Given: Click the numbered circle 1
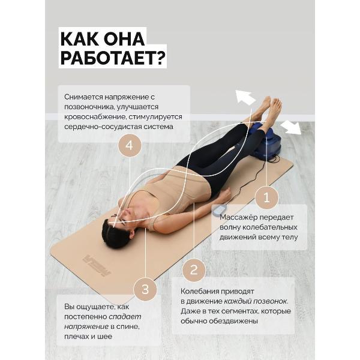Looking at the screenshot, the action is coord(266,197).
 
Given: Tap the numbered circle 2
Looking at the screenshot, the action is coord(194,270).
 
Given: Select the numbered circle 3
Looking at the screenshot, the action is coord(145,289).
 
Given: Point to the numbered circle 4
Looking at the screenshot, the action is coord(130,146).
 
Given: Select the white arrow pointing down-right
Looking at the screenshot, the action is coord(291,127).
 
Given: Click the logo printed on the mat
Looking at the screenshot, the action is coord(97,265).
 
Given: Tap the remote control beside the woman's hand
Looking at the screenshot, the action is coord(219,210).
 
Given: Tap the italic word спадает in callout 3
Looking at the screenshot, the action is coord(125,317).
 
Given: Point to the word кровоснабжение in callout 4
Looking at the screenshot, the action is coord(95,117).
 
